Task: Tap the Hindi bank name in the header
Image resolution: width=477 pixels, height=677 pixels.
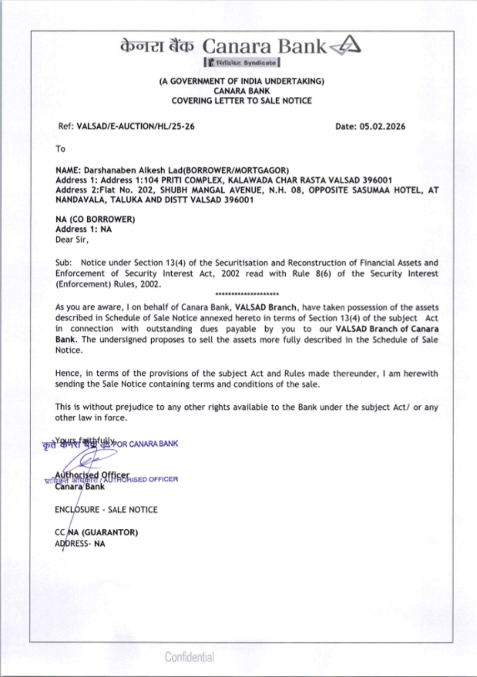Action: pyautogui.click(x=157, y=46)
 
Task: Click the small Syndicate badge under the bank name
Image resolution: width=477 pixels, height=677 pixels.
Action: pyautogui.click(x=242, y=62)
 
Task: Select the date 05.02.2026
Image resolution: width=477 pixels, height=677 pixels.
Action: pyautogui.click(x=382, y=126)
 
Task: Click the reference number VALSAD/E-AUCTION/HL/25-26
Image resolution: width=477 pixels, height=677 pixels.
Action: pyautogui.click(x=135, y=126)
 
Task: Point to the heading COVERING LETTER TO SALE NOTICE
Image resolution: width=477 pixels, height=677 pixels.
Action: pyautogui.click(x=241, y=101)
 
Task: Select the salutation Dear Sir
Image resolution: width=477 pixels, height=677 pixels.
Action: pyautogui.click(x=72, y=239)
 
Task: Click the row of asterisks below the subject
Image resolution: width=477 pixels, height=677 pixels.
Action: pyautogui.click(x=247, y=294)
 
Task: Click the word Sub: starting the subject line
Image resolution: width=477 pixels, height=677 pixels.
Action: pyautogui.click(x=63, y=263)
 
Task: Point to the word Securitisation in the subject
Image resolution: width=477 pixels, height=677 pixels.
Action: pyautogui.click(x=241, y=263)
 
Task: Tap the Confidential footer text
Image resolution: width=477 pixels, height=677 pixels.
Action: pyautogui.click(x=189, y=657)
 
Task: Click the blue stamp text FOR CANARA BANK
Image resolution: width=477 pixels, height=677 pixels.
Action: pyautogui.click(x=149, y=444)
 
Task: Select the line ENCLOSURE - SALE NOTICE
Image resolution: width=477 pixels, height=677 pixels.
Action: pyautogui.click(x=106, y=510)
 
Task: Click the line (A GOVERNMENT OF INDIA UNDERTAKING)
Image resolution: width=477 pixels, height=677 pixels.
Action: pyautogui.click(x=241, y=81)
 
